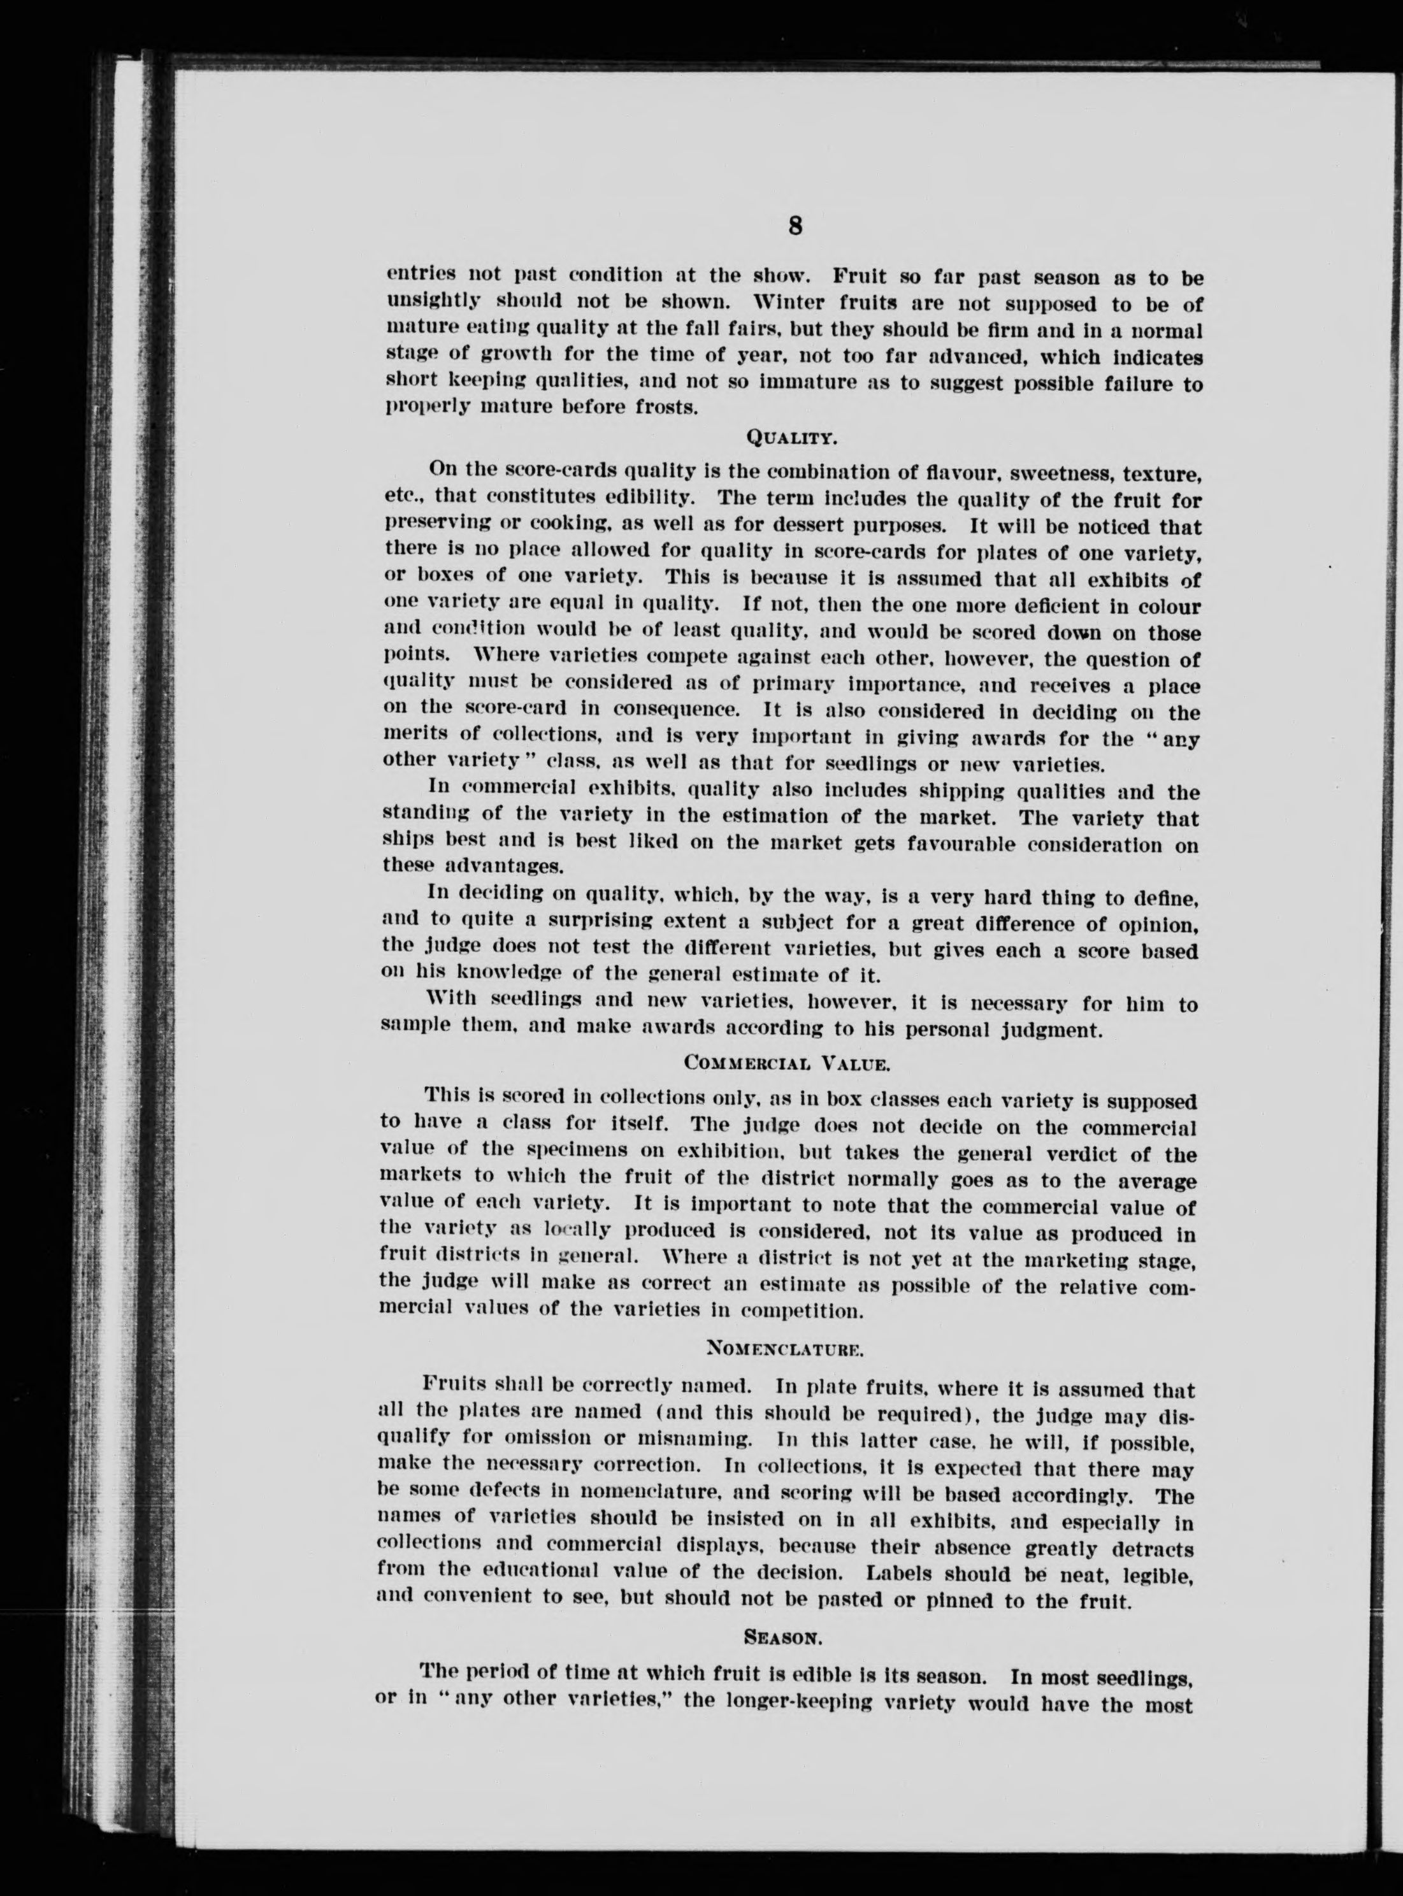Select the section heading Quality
tap(791, 438)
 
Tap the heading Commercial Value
tap(786, 1063)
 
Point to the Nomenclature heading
tap(785, 1347)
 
